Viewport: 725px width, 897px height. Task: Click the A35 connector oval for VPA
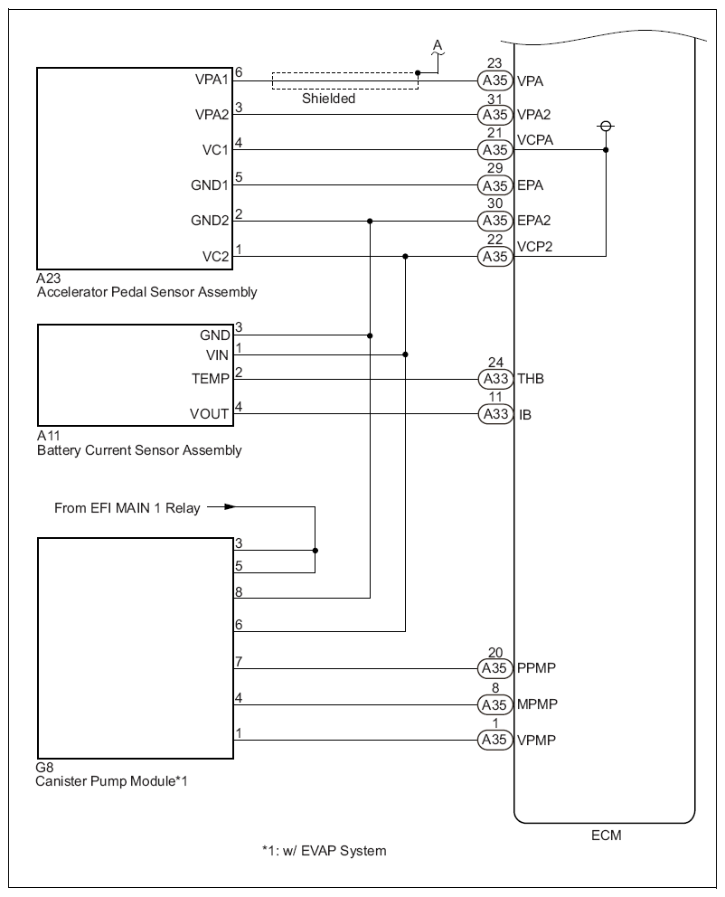(x=494, y=80)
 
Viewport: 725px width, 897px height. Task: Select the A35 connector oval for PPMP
(x=494, y=669)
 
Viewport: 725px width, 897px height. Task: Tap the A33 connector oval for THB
(x=494, y=380)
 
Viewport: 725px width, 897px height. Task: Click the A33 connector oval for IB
(x=494, y=415)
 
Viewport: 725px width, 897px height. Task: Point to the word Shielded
(x=329, y=99)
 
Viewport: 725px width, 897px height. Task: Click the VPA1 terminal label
(x=212, y=80)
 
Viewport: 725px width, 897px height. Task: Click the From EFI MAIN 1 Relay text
(x=127, y=508)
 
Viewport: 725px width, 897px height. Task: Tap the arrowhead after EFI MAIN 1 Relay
(x=230, y=507)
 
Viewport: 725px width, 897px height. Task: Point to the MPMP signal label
(x=536, y=704)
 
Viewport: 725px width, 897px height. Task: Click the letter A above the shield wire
(x=438, y=45)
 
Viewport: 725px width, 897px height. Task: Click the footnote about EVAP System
(x=324, y=851)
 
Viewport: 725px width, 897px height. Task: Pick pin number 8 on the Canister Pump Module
(x=239, y=590)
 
